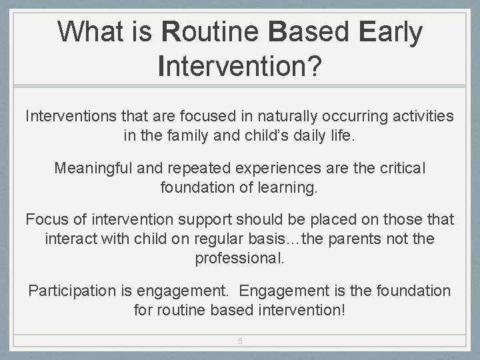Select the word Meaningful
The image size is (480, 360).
tap(93, 168)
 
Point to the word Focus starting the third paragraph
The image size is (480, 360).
tap(45, 219)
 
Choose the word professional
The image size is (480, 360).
tap(239, 258)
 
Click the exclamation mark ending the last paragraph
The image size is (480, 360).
tap(343, 310)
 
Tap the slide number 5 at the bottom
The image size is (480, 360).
tap(240, 341)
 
